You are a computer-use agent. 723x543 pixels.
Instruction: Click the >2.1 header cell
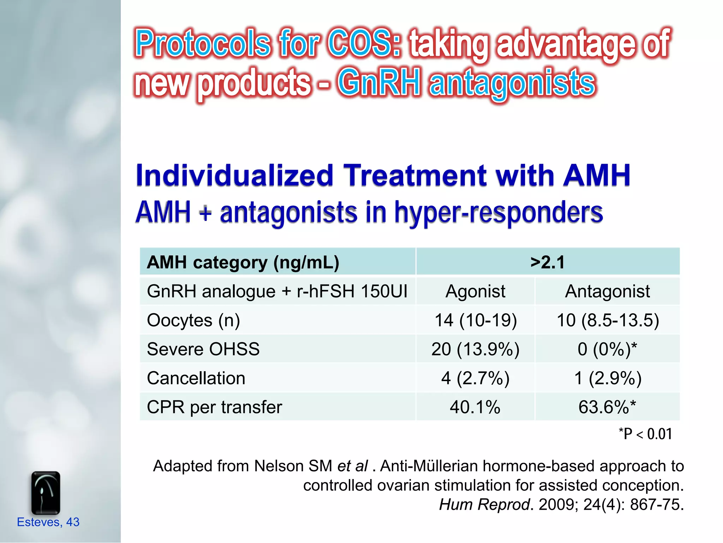pos(547,262)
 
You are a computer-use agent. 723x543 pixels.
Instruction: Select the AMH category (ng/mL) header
pos(243,262)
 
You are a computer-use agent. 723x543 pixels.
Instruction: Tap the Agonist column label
pos(475,292)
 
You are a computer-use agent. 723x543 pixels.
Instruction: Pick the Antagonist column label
pos(607,292)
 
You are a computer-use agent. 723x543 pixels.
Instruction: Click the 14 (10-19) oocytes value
pos(475,321)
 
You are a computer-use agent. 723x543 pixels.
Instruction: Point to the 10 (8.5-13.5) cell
pos(608,321)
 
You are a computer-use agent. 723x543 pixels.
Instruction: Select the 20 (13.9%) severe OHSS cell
pos(475,349)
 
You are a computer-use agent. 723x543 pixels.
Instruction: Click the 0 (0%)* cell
pos(607,349)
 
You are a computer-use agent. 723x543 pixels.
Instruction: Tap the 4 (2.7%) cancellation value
pos(475,378)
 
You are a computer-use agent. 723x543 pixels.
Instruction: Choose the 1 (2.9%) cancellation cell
pos(608,378)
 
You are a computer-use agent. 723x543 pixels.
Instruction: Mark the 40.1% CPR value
pos(475,407)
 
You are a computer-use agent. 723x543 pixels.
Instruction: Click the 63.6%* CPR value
pos(607,407)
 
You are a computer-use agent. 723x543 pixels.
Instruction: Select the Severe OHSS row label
pos(203,349)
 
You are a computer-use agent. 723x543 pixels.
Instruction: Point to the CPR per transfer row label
pos(214,407)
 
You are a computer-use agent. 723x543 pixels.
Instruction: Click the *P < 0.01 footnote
pos(645,434)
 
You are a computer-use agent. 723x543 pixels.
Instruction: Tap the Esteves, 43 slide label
pos(48,522)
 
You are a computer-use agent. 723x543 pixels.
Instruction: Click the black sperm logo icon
pos(46,493)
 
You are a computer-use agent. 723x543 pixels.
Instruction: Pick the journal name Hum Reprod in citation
pos(484,504)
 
